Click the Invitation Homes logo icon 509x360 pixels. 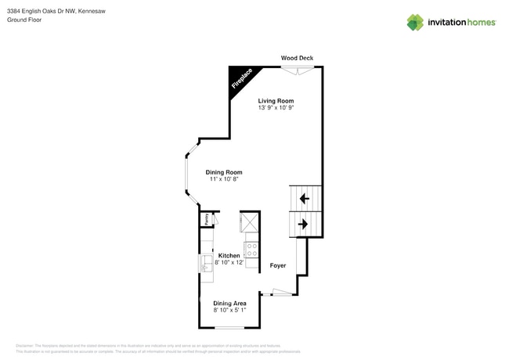[415, 22]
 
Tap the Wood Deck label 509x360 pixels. [298, 58]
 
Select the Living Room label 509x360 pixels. [276, 100]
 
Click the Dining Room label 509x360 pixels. [224, 172]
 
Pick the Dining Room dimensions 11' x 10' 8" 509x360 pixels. [224, 179]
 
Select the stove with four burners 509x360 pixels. [252, 250]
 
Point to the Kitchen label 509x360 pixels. [229, 256]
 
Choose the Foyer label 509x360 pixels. [278, 265]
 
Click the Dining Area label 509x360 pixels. [230, 303]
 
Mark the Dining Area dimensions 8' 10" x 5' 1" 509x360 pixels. [230, 310]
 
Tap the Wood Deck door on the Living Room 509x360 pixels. [298, 70]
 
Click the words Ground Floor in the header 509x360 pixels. [24, 20]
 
